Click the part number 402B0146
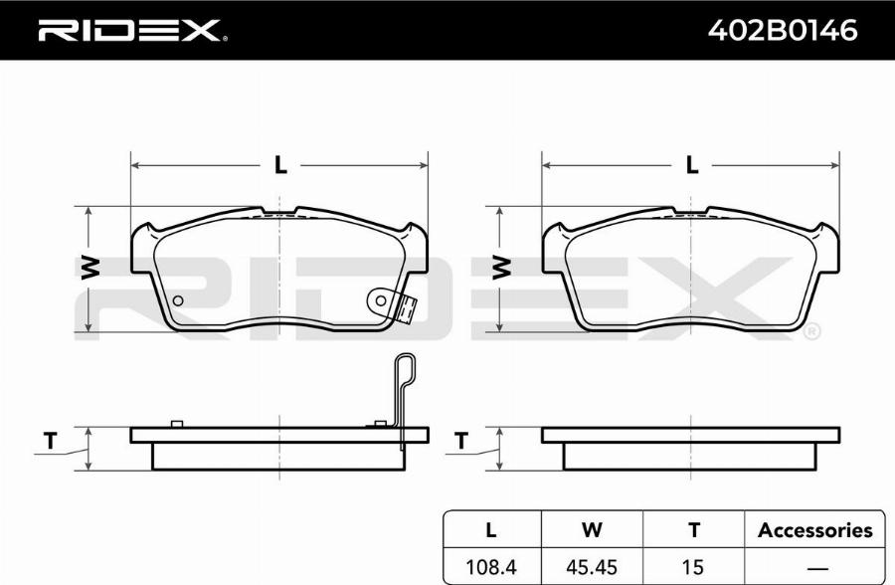pos(782,30)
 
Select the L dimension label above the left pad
pos(280,165)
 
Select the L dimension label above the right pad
pos(692,165)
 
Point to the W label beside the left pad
pos(90,268)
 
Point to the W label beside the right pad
pos(502,268)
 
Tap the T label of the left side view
pos(51,441)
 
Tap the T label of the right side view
pos(461,441)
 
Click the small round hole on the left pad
pos(178,300)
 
